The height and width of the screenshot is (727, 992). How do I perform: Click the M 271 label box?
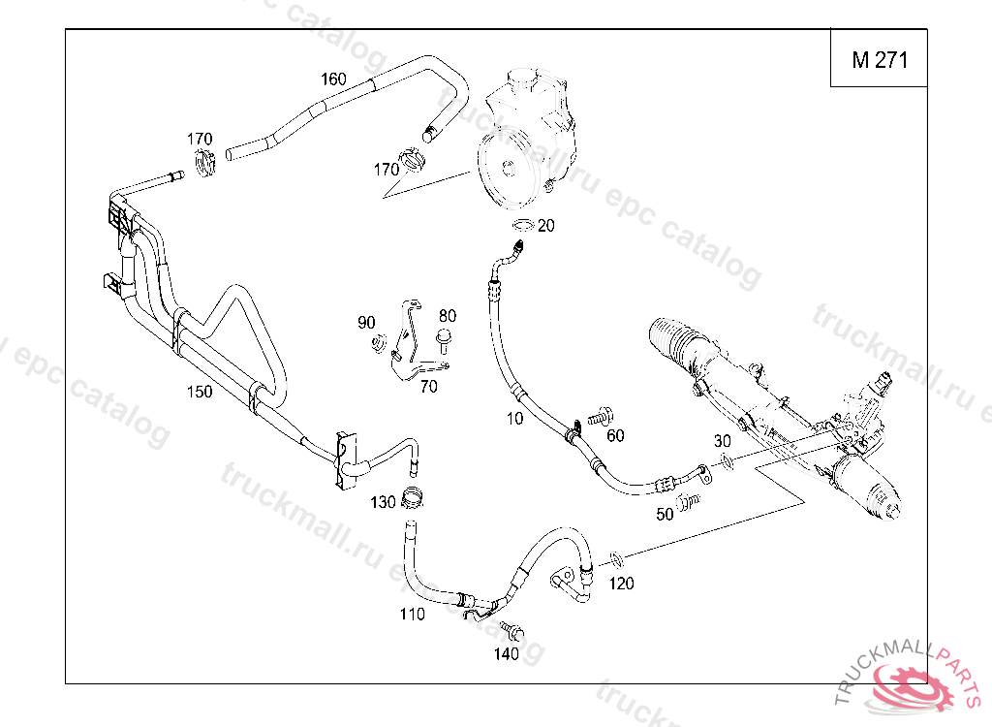pyautogui.click(x=879, y=60)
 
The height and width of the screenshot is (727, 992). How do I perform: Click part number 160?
pyautogui.click(x=333, y=79)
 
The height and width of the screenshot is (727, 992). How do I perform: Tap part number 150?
pyautogui.click(x=199, y=391)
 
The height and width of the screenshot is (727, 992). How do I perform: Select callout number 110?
pyautogui.click(x=412, y=614)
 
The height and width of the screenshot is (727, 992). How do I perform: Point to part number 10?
pyautogui.click(x=514, y=418)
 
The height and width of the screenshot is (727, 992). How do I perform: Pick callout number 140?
pyautogui.click(x=506, y=653)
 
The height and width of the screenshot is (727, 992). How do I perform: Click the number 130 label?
pyautogui.click(x=384, y=502)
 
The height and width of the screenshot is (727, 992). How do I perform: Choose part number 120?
pyautogui.click(x=621, y=584)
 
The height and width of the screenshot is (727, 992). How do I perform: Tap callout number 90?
pyautogui.click(x=366, y=322)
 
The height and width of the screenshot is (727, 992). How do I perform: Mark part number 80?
pyautogui.click(x=447, y=316)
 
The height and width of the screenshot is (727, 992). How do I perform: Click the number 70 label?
pyautogui.click(x=428, y=386)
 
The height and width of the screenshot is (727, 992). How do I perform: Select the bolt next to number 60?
pyautogui.click(x=598, y=417)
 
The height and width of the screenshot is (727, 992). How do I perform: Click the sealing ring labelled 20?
pyautogui.click(x=523, y=227)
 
